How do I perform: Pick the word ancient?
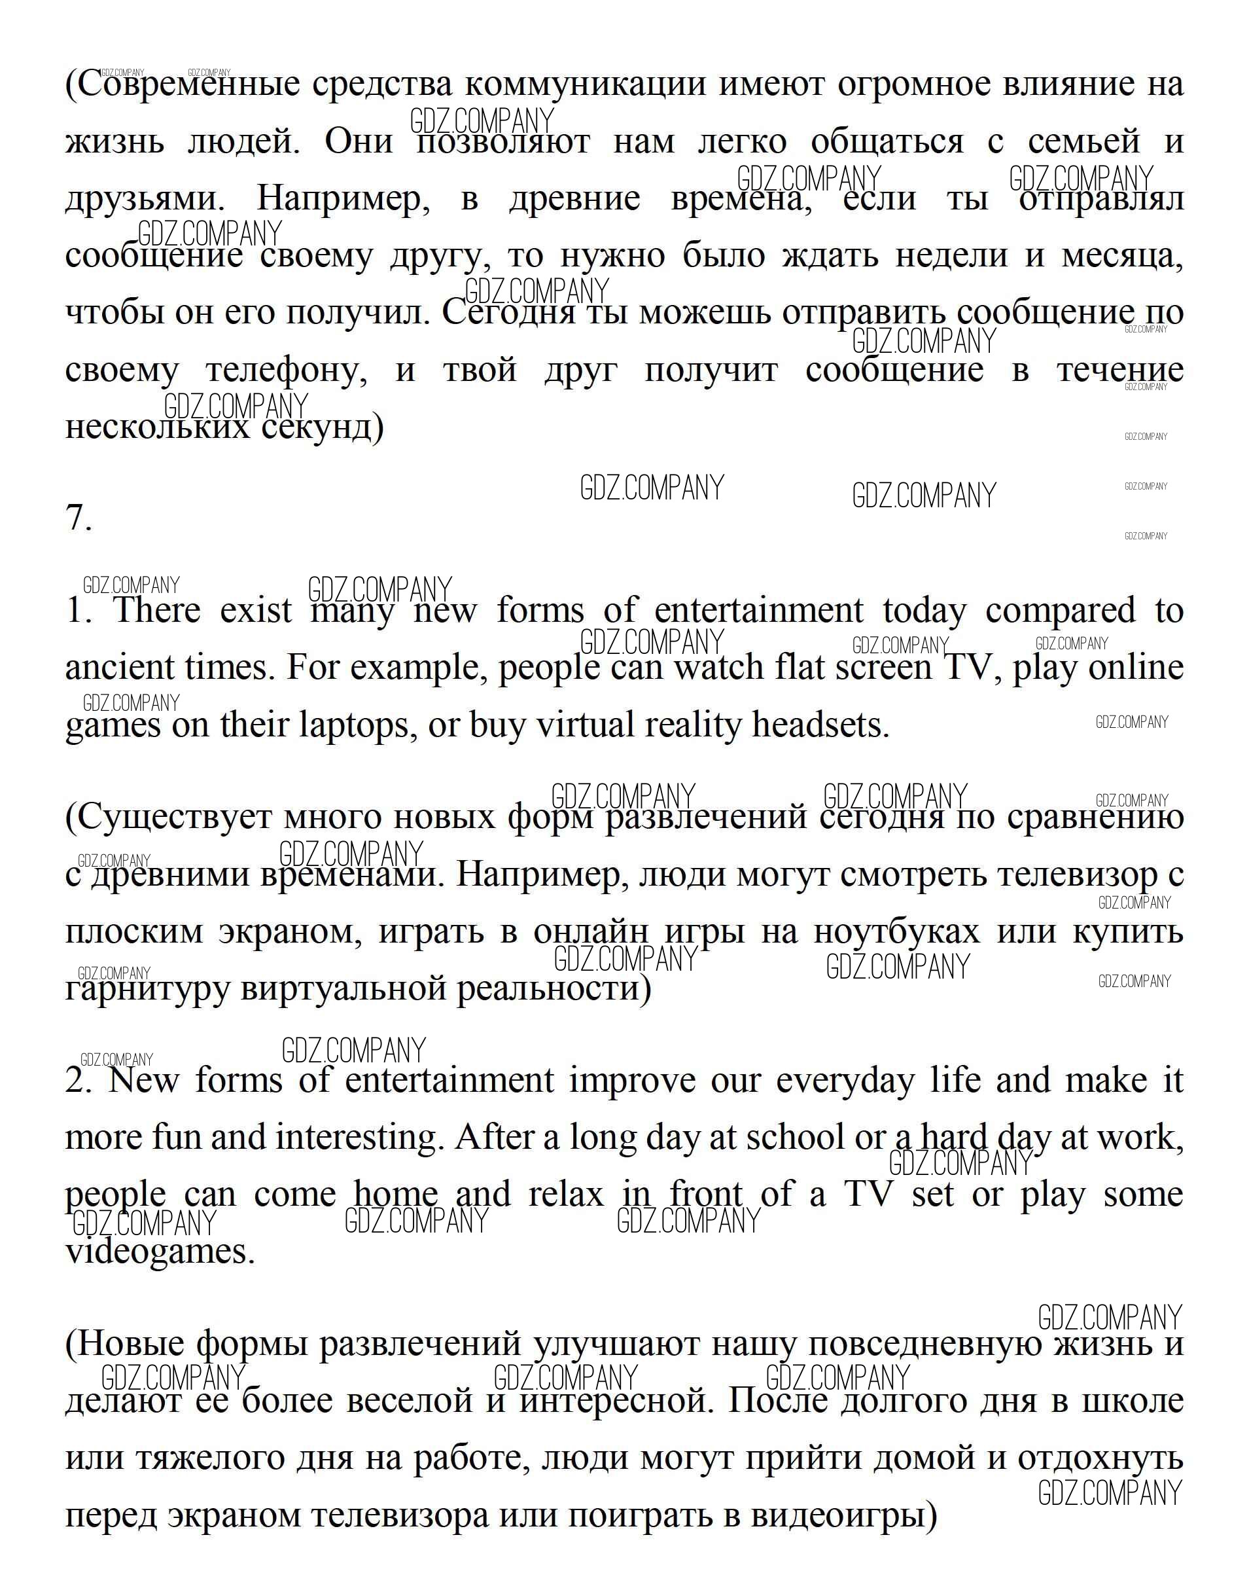tap(120, 667)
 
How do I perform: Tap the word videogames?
tap(160, 1252)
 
